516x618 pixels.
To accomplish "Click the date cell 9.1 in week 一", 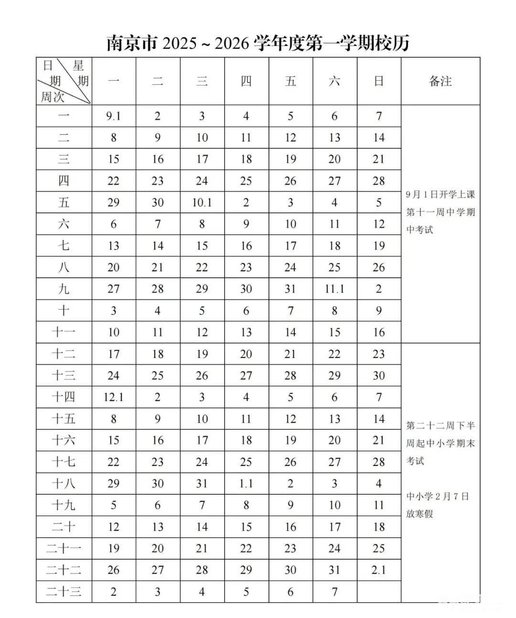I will click(113, 116).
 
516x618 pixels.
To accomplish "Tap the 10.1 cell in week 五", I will click(202, 203).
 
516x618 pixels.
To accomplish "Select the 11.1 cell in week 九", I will click(334, 289).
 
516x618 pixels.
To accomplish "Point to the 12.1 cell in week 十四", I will click(113, 397).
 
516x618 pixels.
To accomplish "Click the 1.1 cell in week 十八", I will click(246, 484).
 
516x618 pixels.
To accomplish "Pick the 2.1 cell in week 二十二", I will click(378, 570).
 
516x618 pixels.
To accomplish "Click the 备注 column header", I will click(440, 81).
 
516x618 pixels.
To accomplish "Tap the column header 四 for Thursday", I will click(246, 81).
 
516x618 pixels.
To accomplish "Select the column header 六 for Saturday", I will click(334, 81).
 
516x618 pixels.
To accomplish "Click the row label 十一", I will click(64, 332).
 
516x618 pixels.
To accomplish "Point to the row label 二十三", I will click(64, 592).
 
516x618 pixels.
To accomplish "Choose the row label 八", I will click(64, 268).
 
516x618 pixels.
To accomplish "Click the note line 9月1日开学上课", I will click(440, 195).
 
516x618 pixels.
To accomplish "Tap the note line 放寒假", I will click(419, 514).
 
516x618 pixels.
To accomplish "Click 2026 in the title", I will click(232, 43).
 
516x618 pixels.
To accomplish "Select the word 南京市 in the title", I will click(131, 43).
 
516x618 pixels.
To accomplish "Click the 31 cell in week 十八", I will click(202, 484).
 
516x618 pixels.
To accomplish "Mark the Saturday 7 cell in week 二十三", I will click(334, 592).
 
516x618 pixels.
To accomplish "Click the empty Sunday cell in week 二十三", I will click(378, 592).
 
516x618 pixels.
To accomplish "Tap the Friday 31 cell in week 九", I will click(290, 289).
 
